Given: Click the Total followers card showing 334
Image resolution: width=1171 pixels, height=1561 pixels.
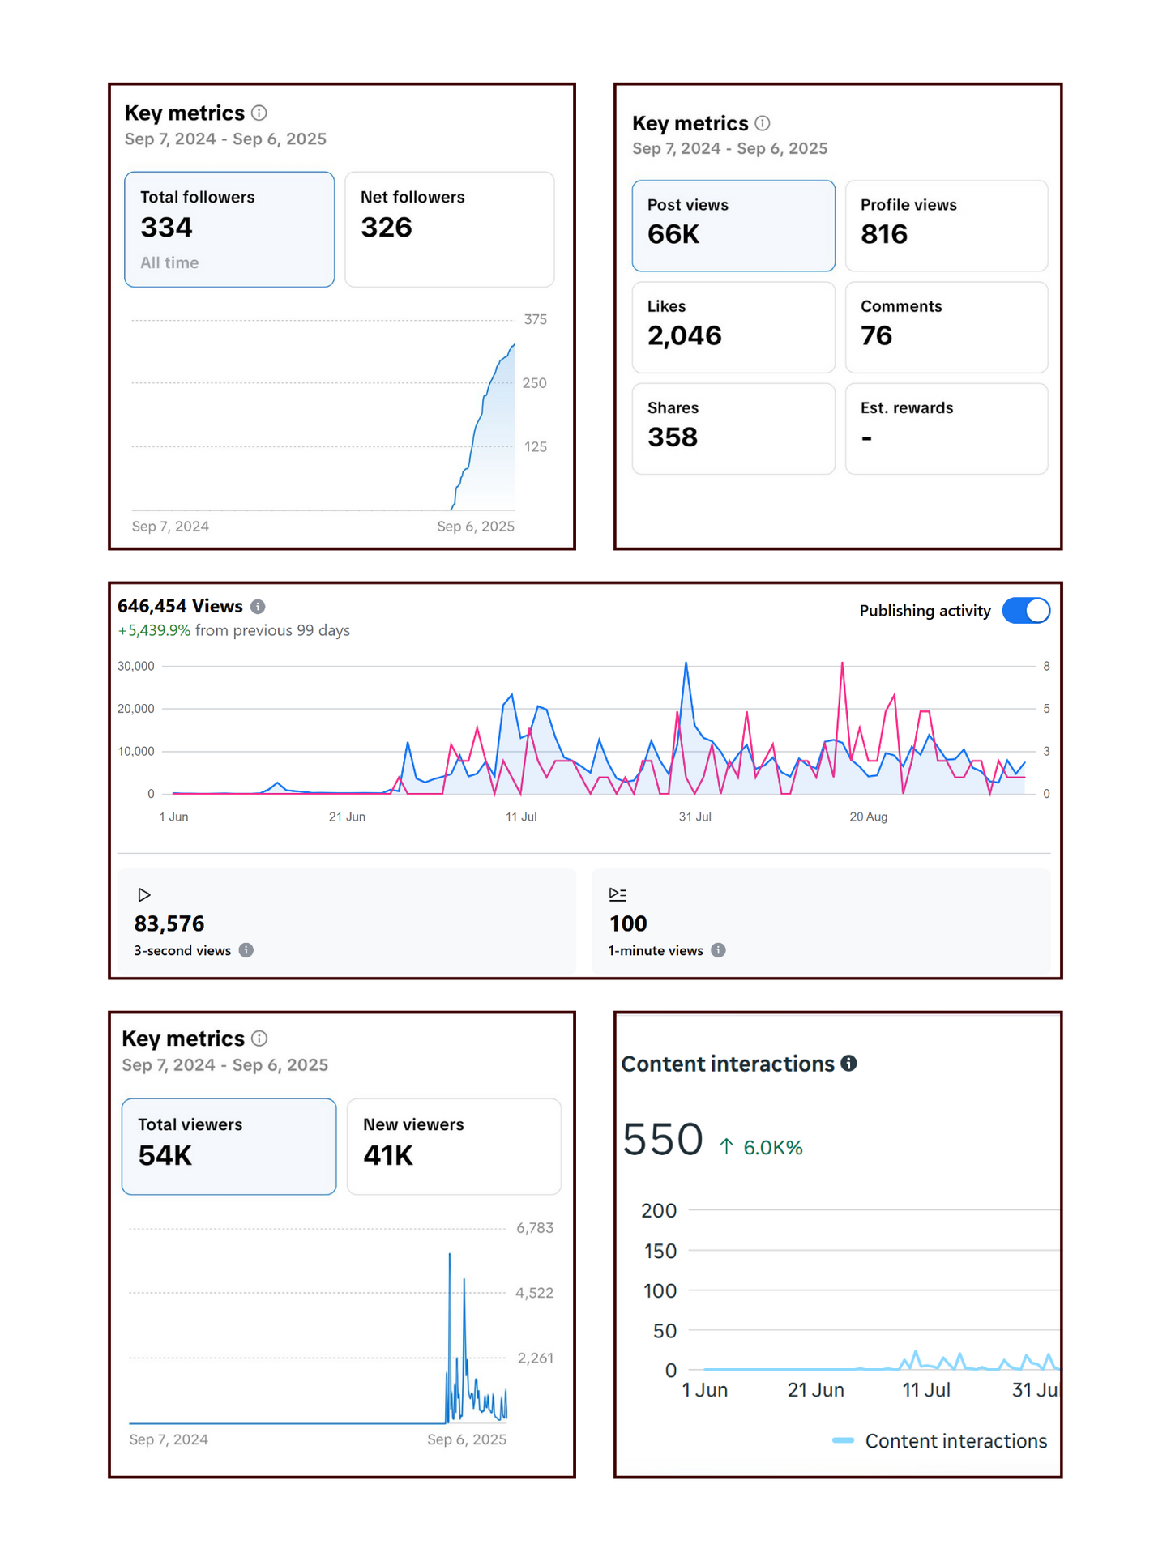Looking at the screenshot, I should tap(229, 229).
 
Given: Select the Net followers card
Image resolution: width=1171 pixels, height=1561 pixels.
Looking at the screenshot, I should tap(450, 229).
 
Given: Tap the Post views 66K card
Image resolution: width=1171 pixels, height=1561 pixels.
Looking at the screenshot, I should tap(733, 225).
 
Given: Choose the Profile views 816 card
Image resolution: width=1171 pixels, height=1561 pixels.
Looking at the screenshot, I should tap(946, 225).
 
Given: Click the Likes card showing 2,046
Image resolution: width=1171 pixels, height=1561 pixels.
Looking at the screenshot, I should tap(733, 326).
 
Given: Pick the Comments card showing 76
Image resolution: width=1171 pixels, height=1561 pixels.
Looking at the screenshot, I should tap(946, 326).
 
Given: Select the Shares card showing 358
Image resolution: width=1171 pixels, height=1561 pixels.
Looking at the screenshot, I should tap(733, 428).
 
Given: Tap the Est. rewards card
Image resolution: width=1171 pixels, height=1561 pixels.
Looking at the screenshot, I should tap(946, 428).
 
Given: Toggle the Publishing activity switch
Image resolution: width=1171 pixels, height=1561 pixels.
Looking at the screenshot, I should tap(1026, 611).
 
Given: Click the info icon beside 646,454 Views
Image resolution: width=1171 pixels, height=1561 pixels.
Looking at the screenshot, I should tap(258, 607).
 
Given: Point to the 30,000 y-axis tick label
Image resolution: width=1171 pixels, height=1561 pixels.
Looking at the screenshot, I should tap(136, 666).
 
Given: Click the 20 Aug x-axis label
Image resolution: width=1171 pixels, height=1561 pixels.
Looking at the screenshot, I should tap(868, 817).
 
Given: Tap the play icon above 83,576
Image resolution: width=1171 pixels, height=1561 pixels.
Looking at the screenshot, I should tap(144, 895).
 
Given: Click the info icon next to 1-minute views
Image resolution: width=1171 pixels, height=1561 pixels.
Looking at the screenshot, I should tap(718, 950).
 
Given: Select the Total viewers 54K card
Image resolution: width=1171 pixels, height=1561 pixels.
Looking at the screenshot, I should tap(229, 1146).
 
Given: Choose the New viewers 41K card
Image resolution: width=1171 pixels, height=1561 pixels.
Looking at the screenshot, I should tap(454, 1146).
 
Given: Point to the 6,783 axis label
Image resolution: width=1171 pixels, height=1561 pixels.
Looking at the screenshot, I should tap(535, 1228).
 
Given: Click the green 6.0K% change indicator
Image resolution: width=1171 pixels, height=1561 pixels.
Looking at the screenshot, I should tap(762, 1147).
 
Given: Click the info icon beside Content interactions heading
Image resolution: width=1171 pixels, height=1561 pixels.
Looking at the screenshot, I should tap(848, 1064).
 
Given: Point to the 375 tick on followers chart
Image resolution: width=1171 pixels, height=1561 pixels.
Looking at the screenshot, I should tap(535, 319).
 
